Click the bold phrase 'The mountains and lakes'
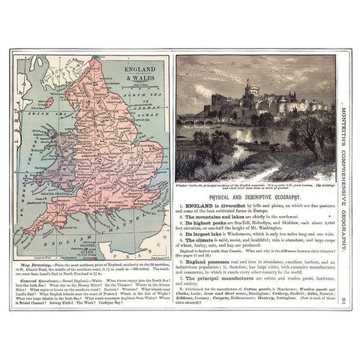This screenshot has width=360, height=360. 216,217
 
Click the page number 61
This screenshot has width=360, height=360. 341,301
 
